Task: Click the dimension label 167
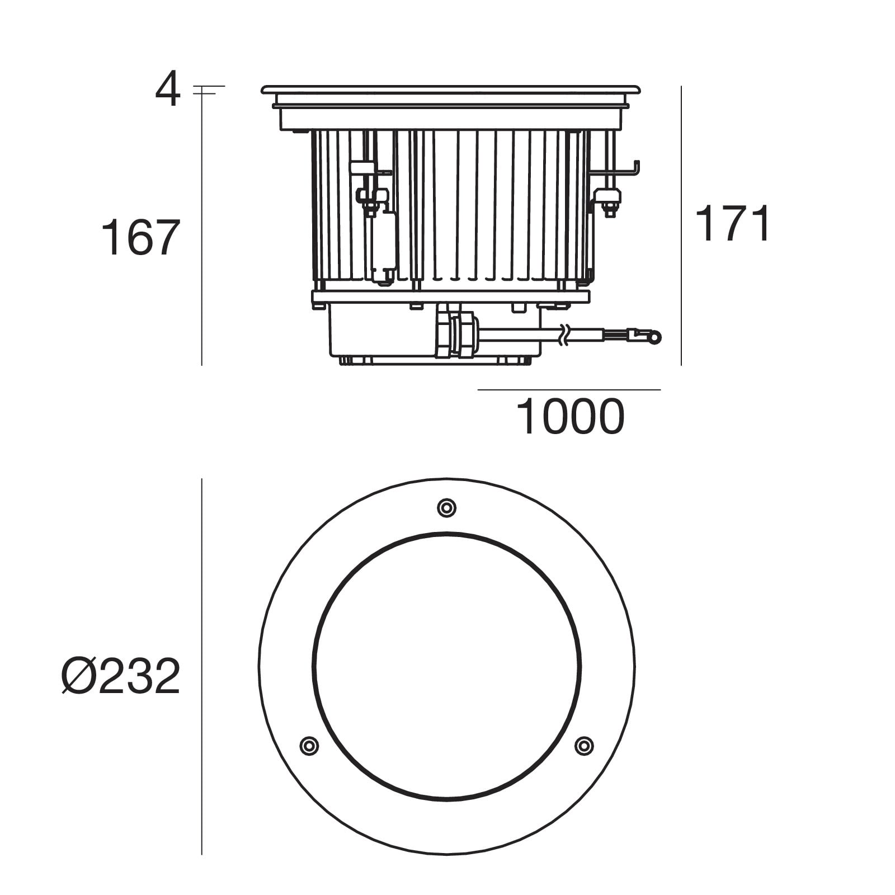140,238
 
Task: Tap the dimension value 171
732,223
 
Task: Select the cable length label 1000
569,417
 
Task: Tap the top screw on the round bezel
446,508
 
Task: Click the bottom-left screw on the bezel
309,745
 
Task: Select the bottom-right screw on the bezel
584,745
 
